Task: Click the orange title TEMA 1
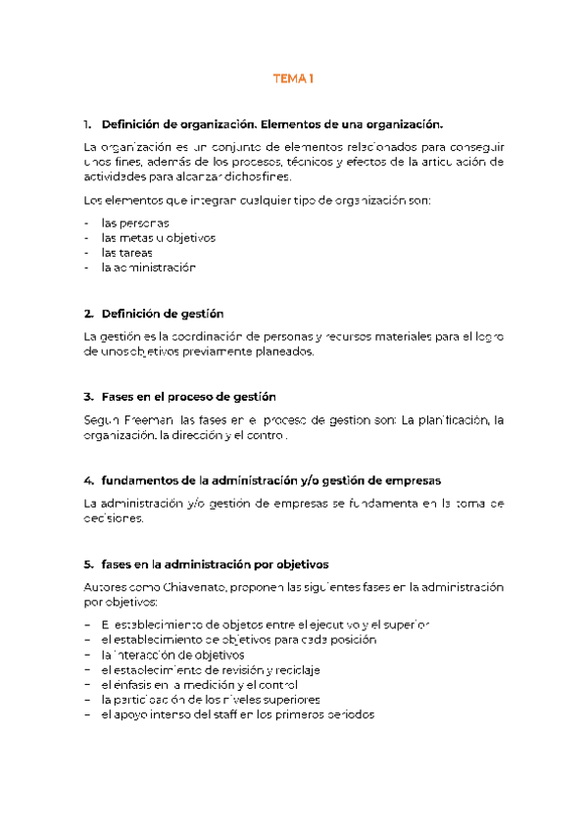(x=293, y=79)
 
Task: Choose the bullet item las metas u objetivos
(x=158, y=238)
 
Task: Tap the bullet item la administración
(x=148, y=267)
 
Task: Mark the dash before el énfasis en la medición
(x=89, y=684)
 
